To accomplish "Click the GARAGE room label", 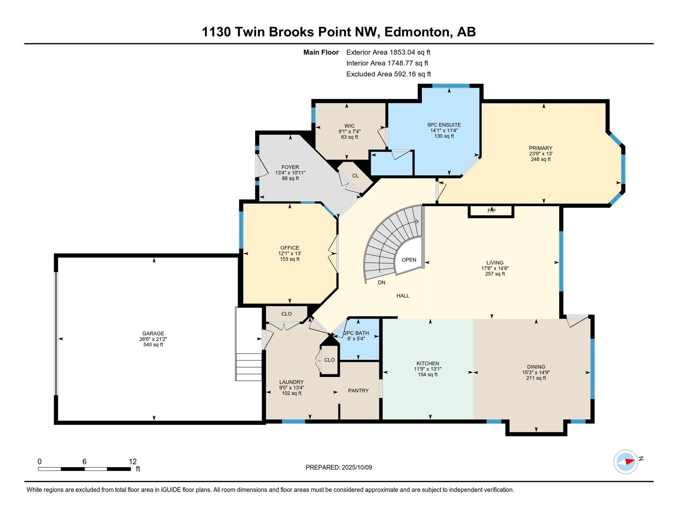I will point(153,333).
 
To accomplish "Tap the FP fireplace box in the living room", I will point(491,211).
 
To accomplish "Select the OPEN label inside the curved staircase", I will point(409,260).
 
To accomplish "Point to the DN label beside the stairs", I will point(381,282).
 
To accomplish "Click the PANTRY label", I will point(358,391).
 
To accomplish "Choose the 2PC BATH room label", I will point(356,333).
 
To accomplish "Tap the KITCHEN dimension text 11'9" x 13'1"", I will point(427,369).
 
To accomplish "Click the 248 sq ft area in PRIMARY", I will point(540,159).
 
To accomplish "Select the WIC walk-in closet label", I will point(349,126).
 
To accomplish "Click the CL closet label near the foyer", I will point(355,176).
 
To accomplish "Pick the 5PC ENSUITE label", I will point(444,125).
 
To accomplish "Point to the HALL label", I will point(402,296).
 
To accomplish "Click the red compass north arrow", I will point(630,462).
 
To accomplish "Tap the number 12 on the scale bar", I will point(132,462).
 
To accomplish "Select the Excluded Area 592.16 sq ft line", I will point(388,74).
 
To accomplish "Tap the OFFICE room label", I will point(290,248).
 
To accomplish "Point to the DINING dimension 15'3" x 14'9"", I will point(536,373).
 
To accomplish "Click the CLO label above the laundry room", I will point(286,314).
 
